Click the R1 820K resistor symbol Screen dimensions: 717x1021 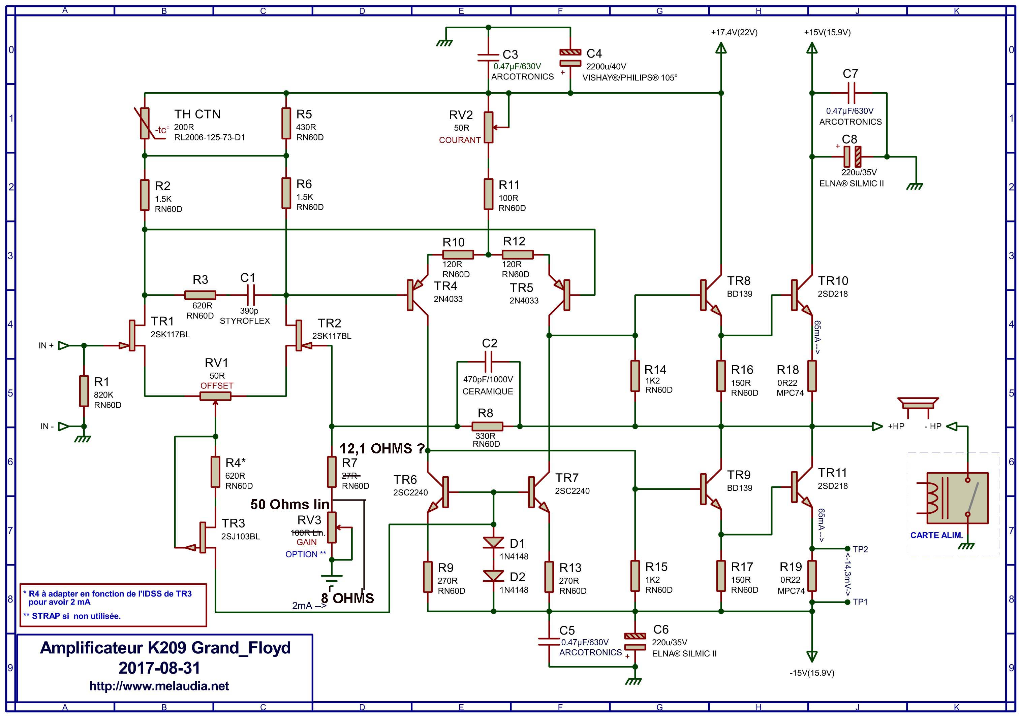[x=84, y=391]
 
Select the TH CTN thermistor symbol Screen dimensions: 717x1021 [x=145, y=124]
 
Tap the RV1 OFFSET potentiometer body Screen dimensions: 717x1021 [x=215, y=396]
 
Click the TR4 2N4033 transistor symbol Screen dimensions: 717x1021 [x=416, y=295]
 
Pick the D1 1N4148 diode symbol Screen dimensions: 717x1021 [x=493, y=542]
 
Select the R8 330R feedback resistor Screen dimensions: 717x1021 [x=487, y=426]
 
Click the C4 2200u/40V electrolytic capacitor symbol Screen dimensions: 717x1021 [x=570, y=58]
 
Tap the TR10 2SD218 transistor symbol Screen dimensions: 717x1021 [x=800, y=295]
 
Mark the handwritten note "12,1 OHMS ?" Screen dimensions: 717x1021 [x=381, y=449]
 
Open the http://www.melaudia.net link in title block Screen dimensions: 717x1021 [x=159, y=686]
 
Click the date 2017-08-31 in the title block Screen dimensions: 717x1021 [x=159, y=668]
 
